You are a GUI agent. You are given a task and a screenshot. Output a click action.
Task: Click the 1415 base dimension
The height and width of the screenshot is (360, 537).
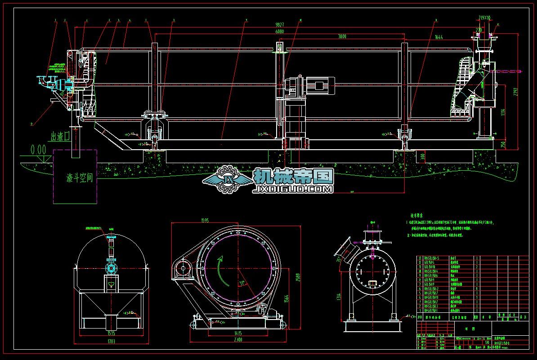[x=238, y=333]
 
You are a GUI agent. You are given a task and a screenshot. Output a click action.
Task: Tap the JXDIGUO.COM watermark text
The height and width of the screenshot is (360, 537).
[x=293, y=190]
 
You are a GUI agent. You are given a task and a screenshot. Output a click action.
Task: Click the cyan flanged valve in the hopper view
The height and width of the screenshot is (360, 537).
[x=110, y=268]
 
